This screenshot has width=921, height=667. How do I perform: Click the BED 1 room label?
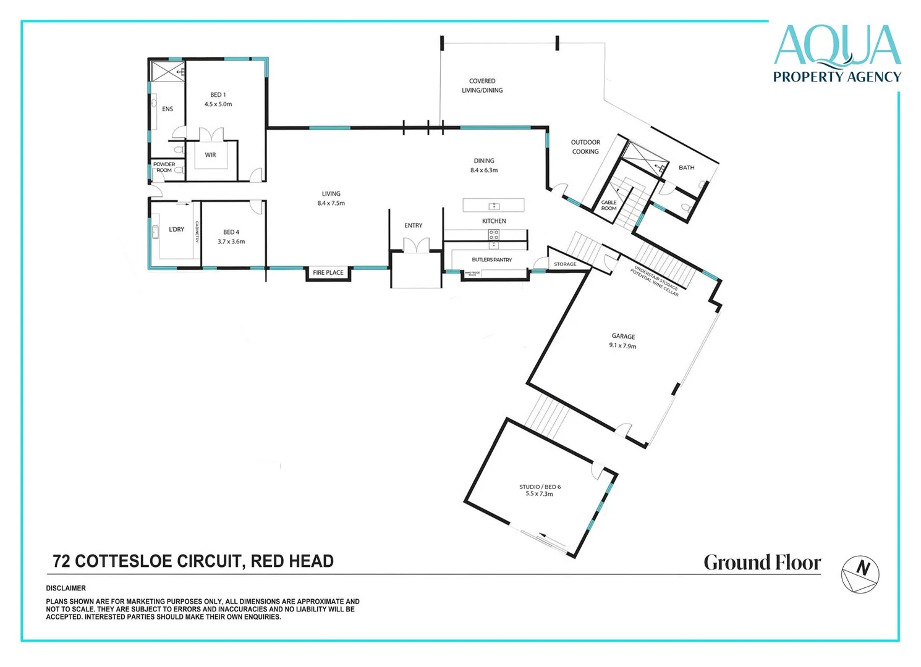click(x=218, y=95)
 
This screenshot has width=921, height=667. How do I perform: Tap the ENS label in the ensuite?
click(x=168, y=109)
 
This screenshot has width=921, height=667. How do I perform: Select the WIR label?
click(x=210, y=155)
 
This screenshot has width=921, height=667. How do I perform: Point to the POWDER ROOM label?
click(x=164, y=167)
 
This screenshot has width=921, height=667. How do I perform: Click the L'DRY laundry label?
click(x=176, y=230)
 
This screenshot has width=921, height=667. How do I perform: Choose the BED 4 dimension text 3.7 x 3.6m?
click(x=231, y=241)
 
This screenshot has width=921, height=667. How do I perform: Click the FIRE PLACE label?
click(x=328, y=273)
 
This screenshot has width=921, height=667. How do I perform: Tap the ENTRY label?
click(x=414, y=226)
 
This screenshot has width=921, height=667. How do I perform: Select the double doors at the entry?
click(x=416, y=245)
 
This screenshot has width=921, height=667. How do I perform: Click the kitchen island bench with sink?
click(x=493, y=205)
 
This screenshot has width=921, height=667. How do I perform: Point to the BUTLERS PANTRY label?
click(x=491, y=260)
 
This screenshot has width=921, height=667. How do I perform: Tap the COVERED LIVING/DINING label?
click(x=482, y=86)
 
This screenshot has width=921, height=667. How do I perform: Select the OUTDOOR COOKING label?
click(x=585, y=147)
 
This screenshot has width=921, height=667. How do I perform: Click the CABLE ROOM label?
click(x=609, y=206)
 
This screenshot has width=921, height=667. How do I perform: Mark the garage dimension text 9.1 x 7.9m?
click(x=622, y=346)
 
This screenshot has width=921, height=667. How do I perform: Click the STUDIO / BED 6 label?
click(x=540, y=487)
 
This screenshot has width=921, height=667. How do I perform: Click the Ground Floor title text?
click(x=762, y=563)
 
